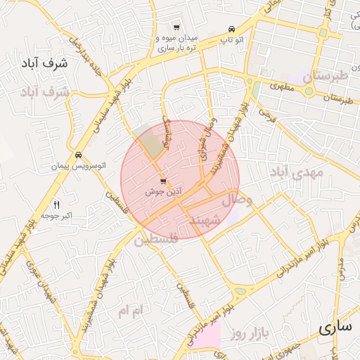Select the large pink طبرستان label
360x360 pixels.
[325, 75]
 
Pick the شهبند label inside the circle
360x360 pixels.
[205, 221]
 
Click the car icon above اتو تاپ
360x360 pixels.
[231, 29]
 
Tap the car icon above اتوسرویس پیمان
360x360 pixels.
[78, 155]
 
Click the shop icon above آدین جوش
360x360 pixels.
[163, 182]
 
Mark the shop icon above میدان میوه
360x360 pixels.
[176, 27]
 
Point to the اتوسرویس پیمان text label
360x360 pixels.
[78, 166]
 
